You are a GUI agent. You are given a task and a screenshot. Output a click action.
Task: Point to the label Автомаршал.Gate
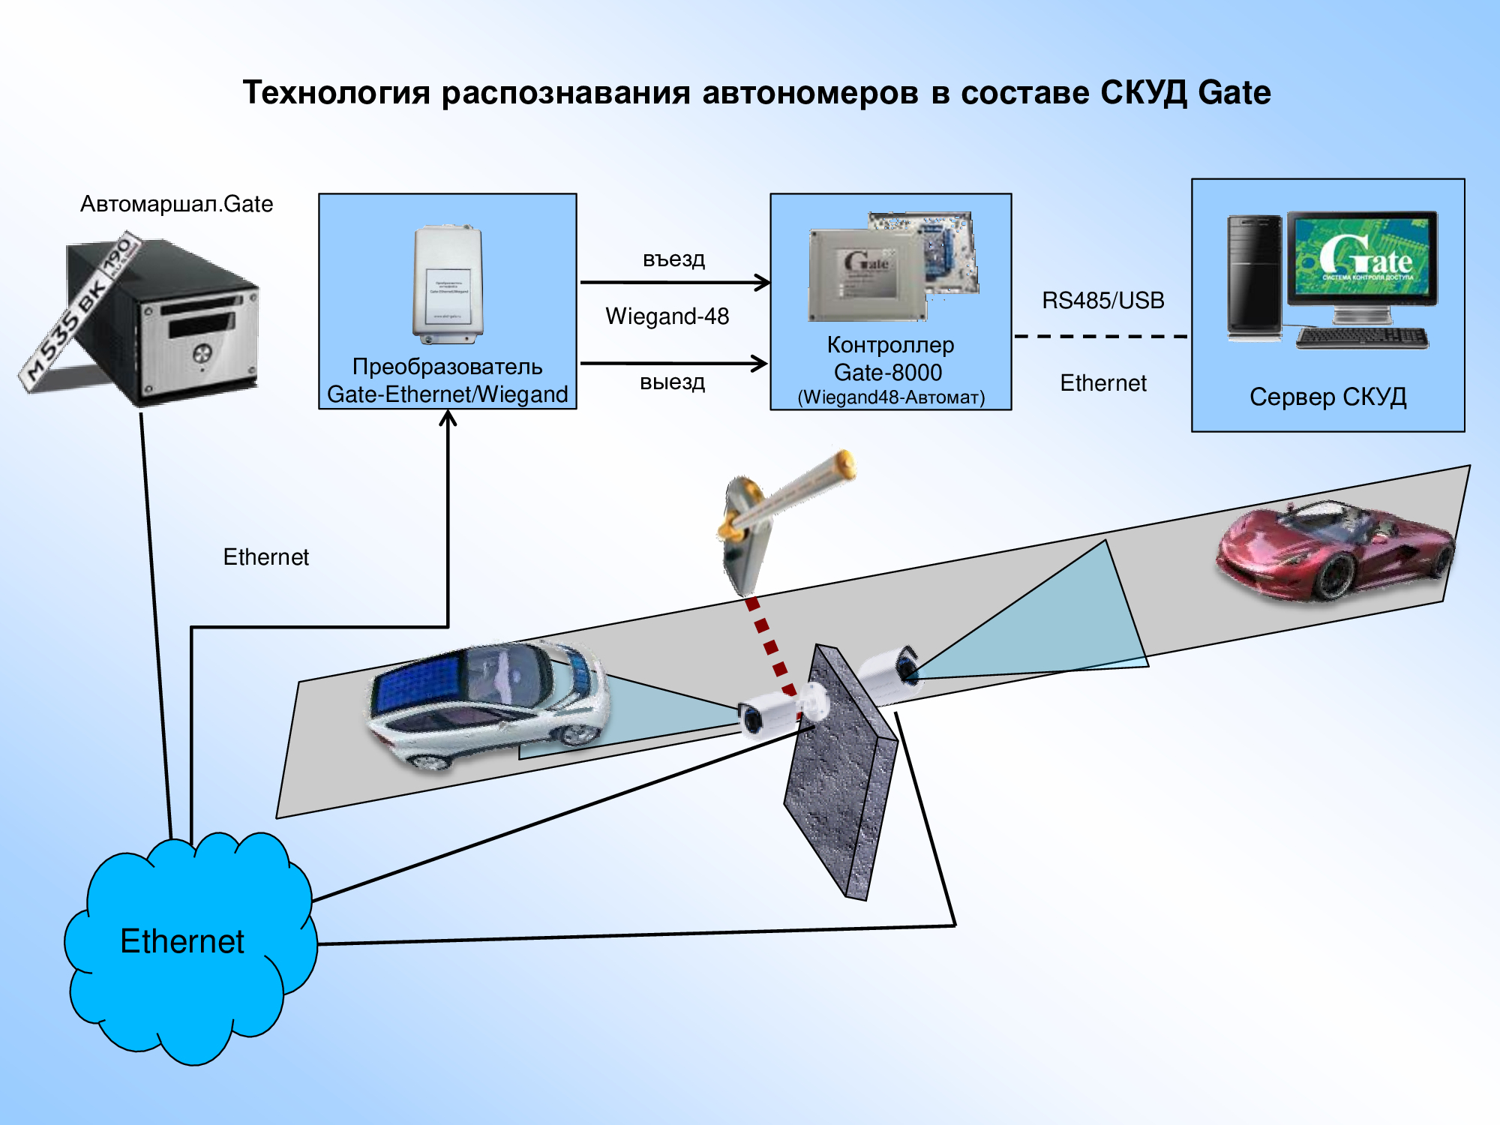(176, 204)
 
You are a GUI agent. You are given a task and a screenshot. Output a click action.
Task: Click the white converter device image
(448, 285)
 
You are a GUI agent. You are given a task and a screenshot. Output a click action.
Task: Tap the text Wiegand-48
(667, 316)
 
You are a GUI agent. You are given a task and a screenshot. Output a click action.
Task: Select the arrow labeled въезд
(675, 283)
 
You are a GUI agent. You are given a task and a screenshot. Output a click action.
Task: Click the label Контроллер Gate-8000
(890, 358)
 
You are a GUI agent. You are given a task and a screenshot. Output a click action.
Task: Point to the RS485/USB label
(1102, 301)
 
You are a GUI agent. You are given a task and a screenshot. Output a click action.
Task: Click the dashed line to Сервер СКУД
(1101, 337)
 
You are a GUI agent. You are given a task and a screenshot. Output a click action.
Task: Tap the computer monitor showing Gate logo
(1362, 259)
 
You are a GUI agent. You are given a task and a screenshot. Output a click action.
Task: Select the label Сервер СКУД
(1327, 397)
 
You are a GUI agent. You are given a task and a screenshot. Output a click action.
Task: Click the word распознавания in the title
(565, 93)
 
